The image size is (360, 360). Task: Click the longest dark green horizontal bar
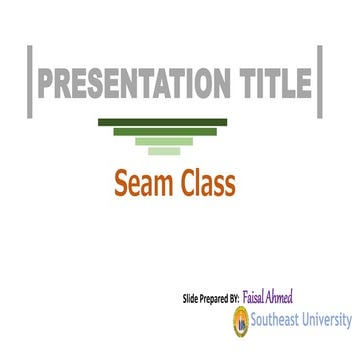click(x=163, y=122)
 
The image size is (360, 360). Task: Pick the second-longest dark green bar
click(x=164, y=131)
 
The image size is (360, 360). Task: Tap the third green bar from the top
click(x=164, y=142)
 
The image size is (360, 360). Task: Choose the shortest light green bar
click(x=164, y=152)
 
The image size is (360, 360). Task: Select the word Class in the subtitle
click(x=204, y=184)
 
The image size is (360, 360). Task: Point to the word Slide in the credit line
click(x=190, y=298)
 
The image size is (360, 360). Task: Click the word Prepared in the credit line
click(x=213, y=298)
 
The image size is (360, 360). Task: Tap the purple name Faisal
click(x=254, y=296)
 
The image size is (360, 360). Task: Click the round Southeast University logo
click(x=240, y=321)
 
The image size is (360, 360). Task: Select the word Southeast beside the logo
click(x=274, y=321)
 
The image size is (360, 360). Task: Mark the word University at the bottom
click(x=328, y=321)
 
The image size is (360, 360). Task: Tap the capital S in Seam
click(x=123, y=184)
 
